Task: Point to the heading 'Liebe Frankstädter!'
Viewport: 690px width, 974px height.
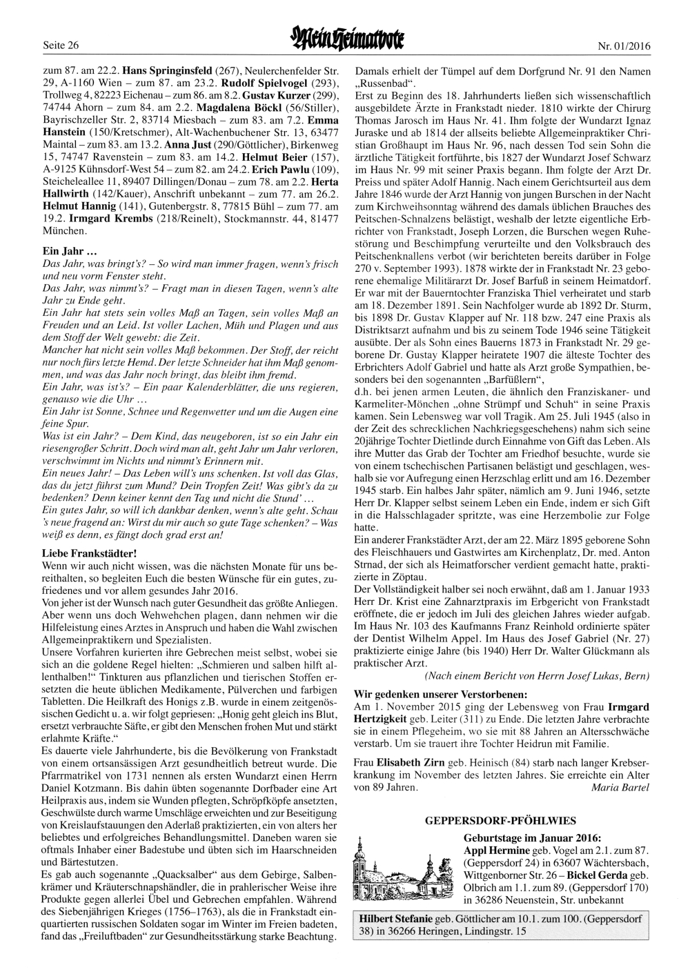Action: click(x=90, y=553)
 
